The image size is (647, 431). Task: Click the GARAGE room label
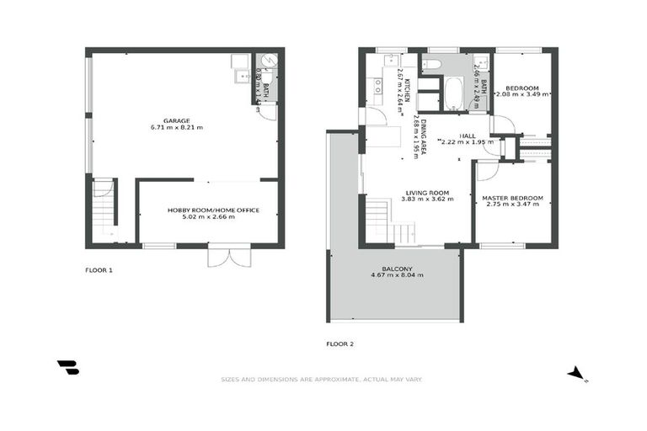point(177,120)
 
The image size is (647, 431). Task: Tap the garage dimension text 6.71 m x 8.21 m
point(177,128)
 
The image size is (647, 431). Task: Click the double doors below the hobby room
point(229,256)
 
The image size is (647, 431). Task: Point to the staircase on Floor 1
point(103,210)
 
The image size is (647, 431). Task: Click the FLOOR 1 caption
point(99,270)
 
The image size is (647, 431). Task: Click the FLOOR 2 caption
point(340,343)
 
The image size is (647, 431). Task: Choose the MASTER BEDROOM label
point(512,198)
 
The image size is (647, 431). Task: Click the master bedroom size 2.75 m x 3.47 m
point(512,205)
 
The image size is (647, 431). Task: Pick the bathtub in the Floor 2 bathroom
point(452,93)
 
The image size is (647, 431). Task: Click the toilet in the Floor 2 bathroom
point(428,64)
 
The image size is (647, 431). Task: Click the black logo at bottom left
point(67,367)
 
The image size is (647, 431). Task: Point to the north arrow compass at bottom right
point(576,373)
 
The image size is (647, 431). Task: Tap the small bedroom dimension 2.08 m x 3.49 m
point(522,95)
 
